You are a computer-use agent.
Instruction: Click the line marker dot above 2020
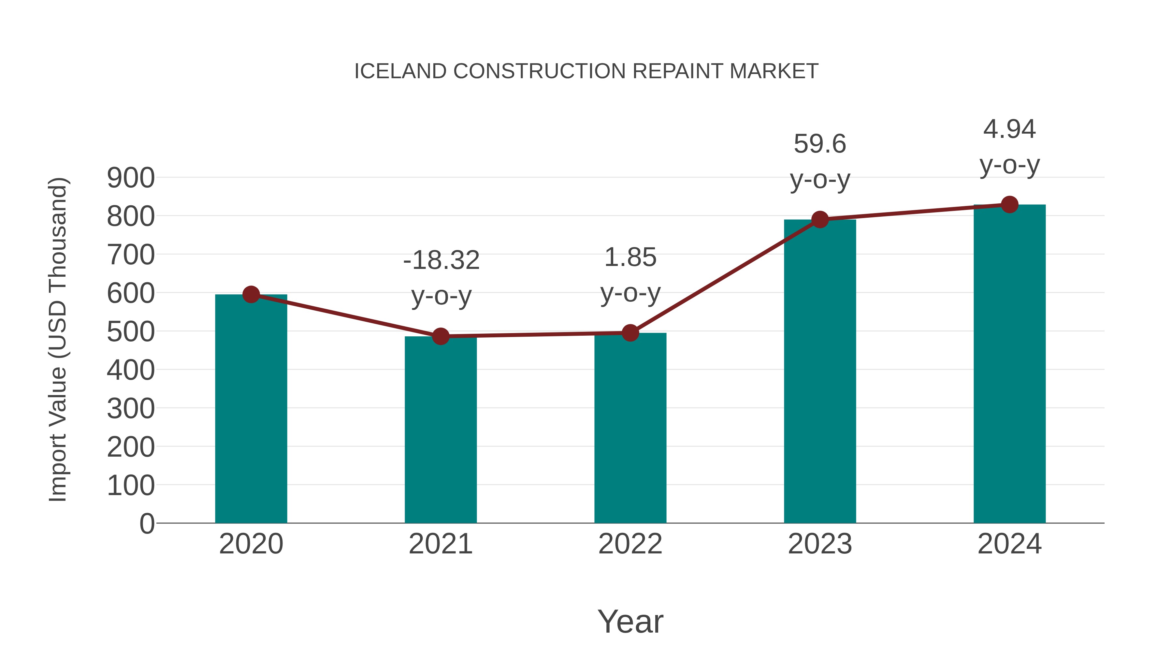coord(251,294)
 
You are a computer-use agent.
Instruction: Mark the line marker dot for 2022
coord(630,333)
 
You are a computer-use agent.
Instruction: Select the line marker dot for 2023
coord(820,220)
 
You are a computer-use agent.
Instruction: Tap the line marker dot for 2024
coord(1009,204)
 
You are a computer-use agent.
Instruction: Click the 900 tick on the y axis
coord(131,178)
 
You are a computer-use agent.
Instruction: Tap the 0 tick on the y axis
coord(147,523)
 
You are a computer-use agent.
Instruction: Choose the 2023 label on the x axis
coord(820,544)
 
